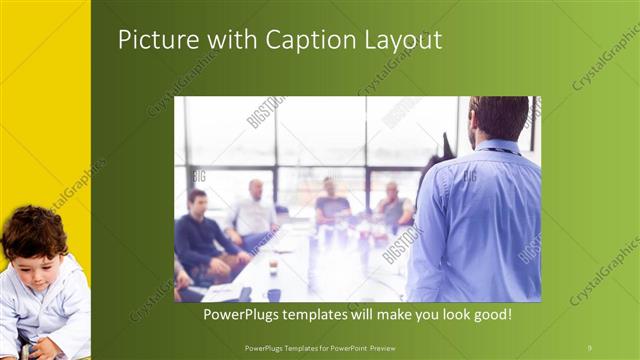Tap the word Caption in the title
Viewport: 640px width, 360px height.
(305, 40)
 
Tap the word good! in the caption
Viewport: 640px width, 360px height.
(492, 314)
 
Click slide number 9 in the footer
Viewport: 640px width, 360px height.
(589, 346)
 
